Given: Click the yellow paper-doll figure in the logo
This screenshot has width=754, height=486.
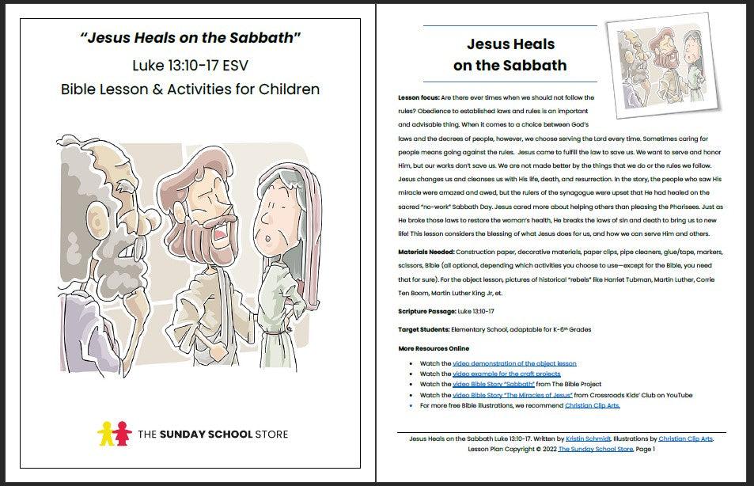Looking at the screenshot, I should tap(104, 433).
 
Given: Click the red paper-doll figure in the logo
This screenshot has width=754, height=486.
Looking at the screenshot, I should tap(122, 433).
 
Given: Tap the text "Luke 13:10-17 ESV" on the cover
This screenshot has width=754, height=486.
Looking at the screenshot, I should tap(190, 65).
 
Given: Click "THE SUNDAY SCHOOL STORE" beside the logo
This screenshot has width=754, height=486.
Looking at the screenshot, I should tap(213, 434).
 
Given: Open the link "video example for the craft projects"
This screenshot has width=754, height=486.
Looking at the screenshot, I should tap(506, 374).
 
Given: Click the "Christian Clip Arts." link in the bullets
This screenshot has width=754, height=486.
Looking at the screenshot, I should tap(593, 404).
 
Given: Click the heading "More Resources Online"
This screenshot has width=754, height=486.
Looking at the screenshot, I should tap(434, 348).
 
